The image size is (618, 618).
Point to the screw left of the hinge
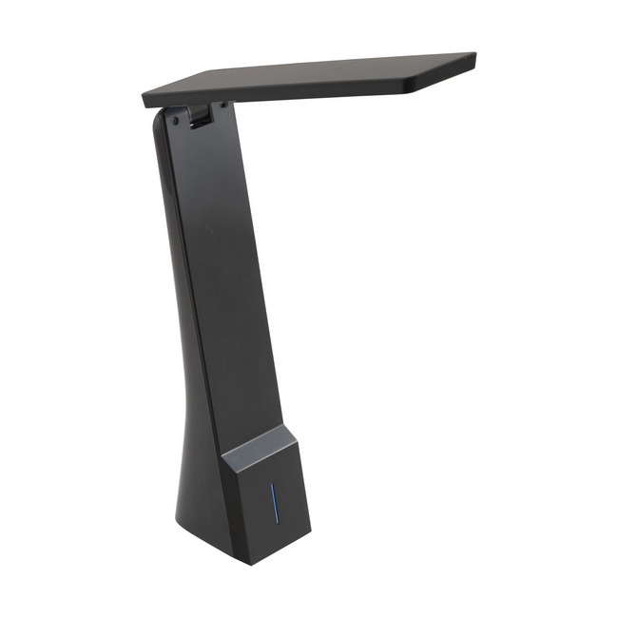tap(175, 121)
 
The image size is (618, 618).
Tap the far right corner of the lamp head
tap(473, 57)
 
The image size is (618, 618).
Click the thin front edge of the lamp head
tap(276, 95)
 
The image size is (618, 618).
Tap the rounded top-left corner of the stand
tap(159, 119)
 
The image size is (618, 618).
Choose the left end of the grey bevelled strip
tap(224, 462)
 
